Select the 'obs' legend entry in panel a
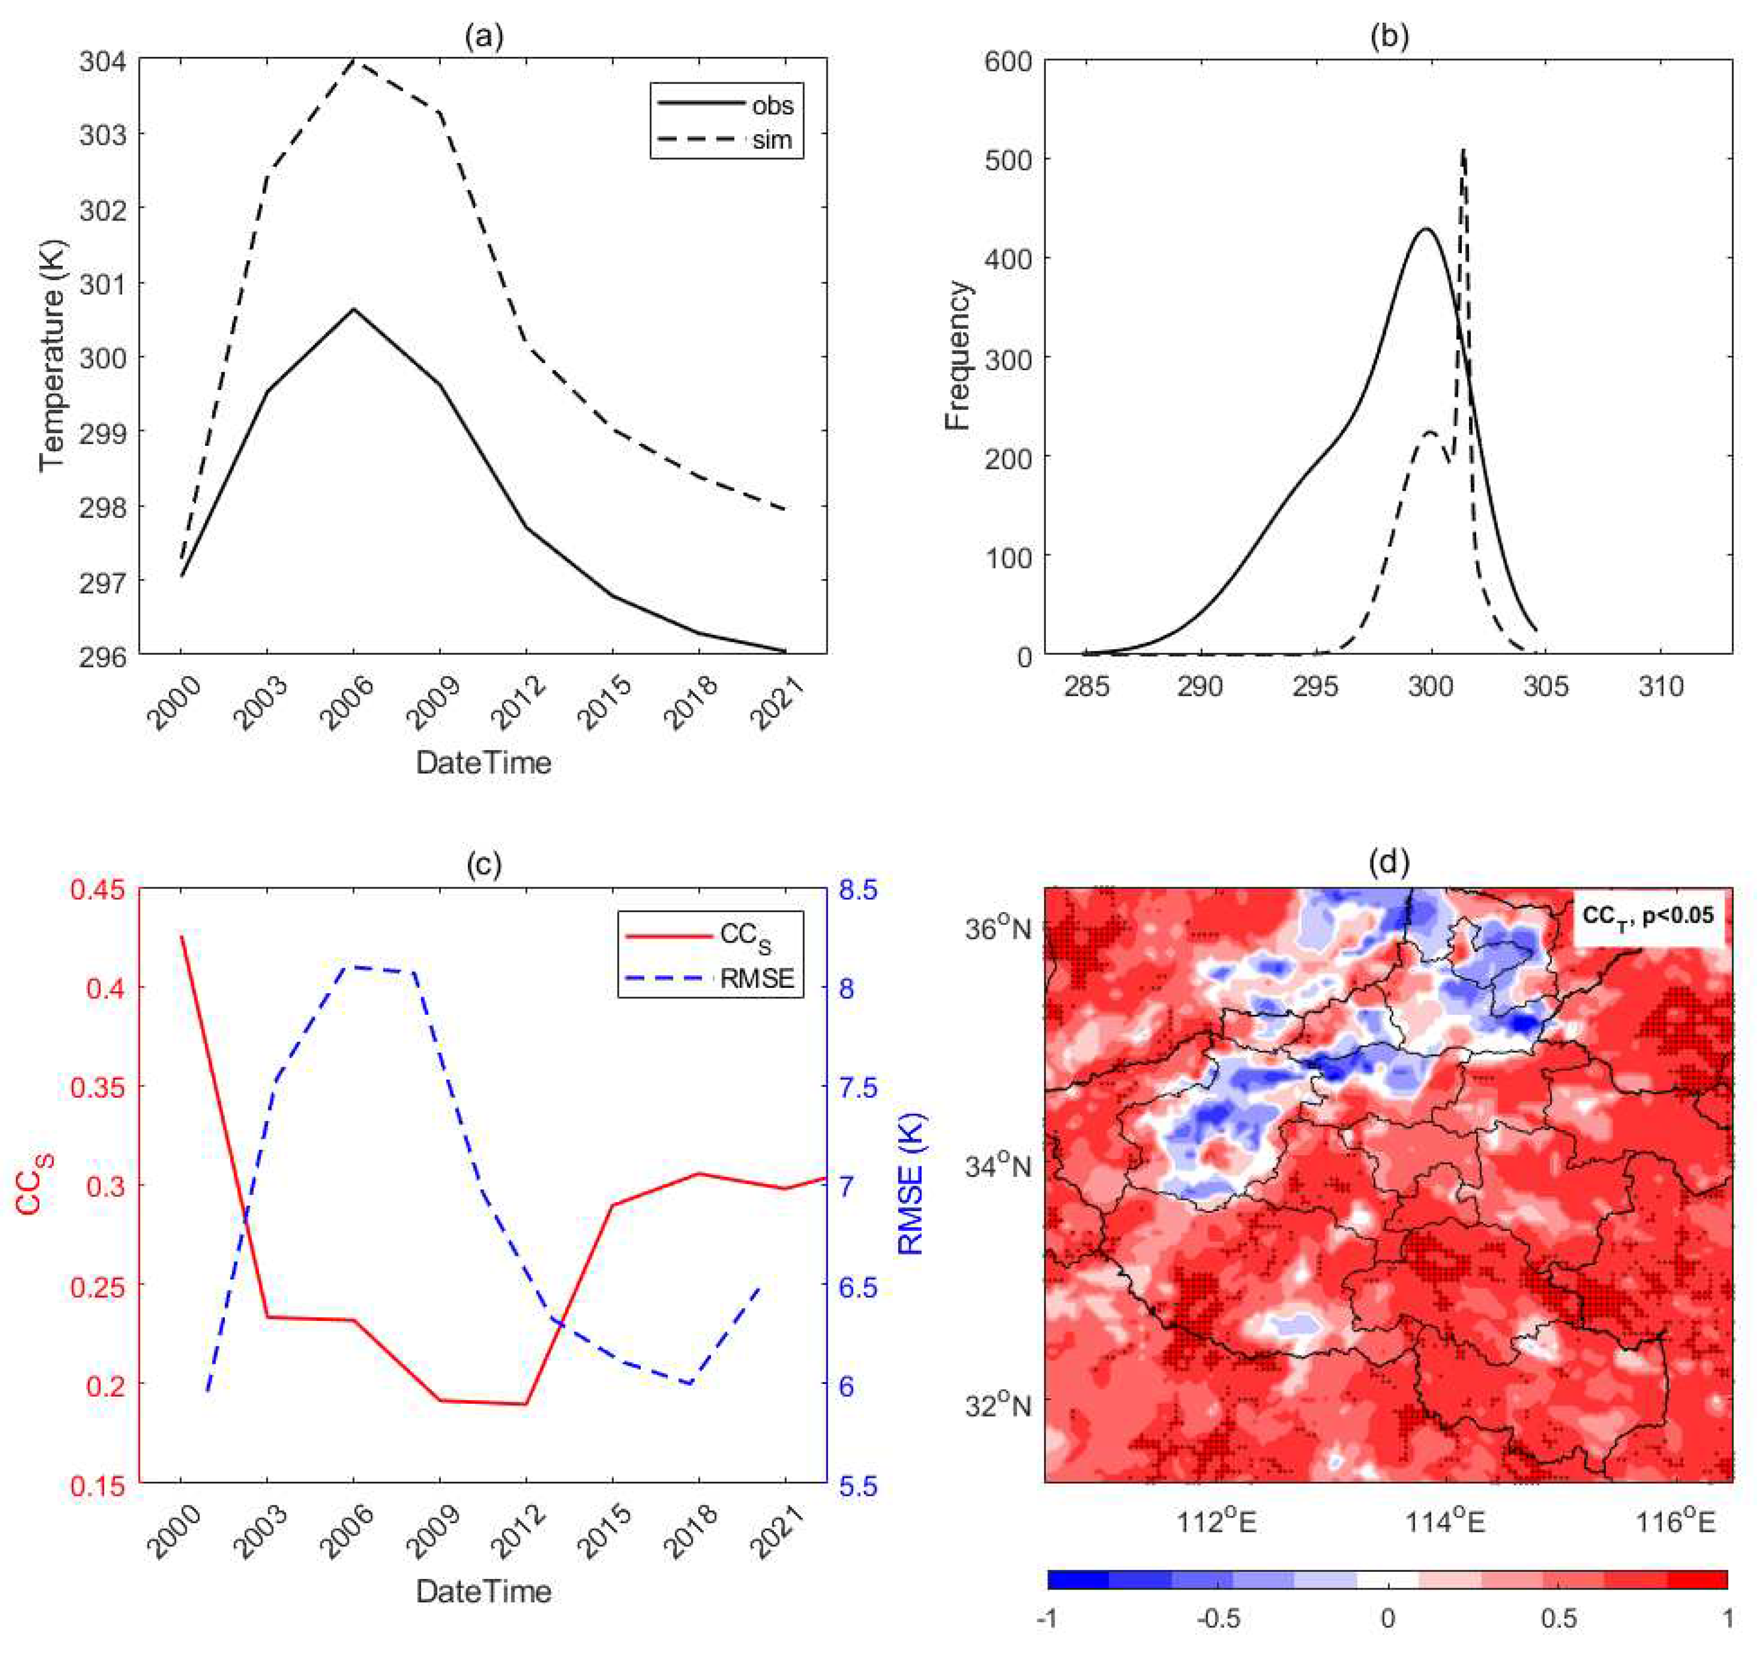(x=771, y=106)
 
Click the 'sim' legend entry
(x=771, y=140)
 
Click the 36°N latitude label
(x=997, y=928)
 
